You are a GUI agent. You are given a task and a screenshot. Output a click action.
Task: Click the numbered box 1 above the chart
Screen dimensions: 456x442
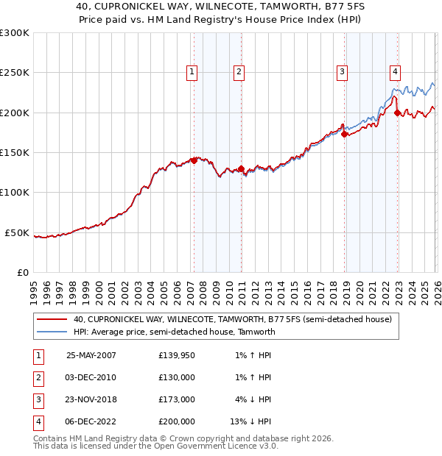click(x=192, y=71)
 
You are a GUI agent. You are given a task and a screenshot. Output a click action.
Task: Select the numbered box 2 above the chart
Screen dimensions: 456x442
click(x=239, y=71)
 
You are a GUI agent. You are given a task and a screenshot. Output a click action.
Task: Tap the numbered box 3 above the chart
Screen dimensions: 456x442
click(x=343, y=71)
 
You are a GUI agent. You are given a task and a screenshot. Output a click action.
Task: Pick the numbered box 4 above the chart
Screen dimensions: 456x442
click(x=396, y=71)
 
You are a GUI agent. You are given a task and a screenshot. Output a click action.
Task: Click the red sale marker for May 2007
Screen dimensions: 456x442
click(x=194, y=160)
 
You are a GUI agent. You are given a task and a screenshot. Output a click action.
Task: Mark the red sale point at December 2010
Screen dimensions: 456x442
click(x=241, y=168)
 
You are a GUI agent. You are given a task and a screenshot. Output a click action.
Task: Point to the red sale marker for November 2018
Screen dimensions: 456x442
click(x=344, y=134)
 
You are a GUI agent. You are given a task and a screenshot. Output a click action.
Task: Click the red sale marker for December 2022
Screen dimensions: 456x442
click(x=397, y=113)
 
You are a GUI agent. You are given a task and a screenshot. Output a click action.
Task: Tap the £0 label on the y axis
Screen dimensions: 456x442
click(x=21, y=272)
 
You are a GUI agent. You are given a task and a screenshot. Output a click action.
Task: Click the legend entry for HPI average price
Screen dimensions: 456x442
click(x=174, y=332)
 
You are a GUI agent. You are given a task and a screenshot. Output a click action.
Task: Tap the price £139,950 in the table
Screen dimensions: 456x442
click(x=177, y=355)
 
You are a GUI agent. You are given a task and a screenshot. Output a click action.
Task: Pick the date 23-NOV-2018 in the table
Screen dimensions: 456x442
click(x=91, y=399)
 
